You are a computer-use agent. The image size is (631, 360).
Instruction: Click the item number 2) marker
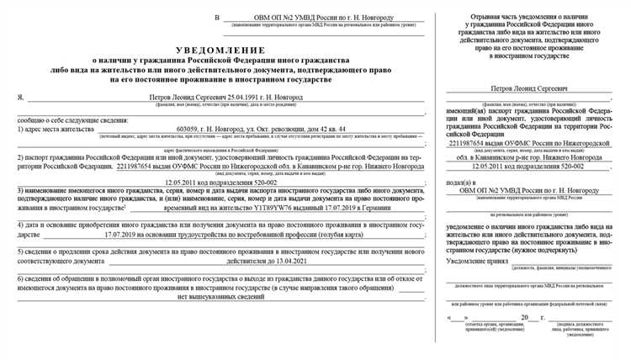pyautogui.click(x=21, y=156)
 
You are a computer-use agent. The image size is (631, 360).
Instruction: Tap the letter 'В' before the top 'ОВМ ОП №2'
pyautogui.click(x=218, y=19)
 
